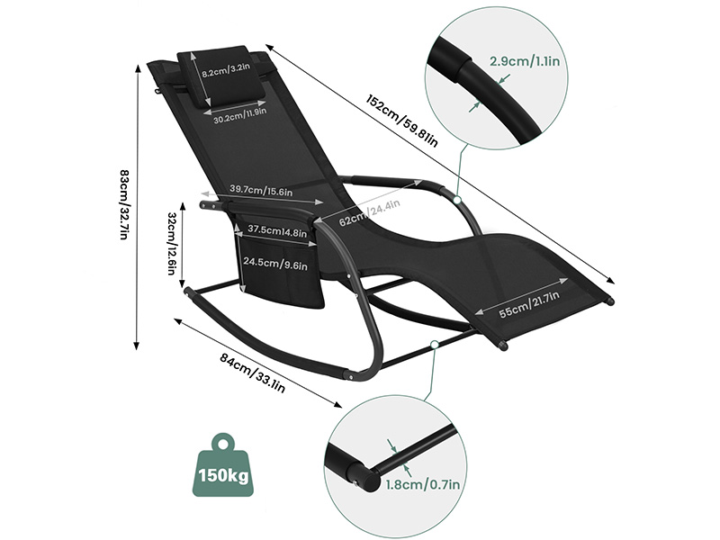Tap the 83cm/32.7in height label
click(x=124, y=204)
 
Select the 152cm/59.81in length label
click(x=401, y=121)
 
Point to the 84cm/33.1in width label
click(x=252, y=373)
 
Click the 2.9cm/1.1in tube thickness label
click(x=525, y=61)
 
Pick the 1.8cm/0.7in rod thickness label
click(x=422, y=484)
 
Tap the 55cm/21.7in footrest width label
click(x=529, y=304)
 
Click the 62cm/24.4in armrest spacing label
click(x=369, y=212)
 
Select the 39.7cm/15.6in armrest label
click(x=261, y=190)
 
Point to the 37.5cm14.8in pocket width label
click(x=277, y=231)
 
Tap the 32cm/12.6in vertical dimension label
click(x=171, y=243)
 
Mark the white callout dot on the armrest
click(x=456, y=200)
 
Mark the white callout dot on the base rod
click(x=435, y=345)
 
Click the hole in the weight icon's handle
click(x=223, y=444)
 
